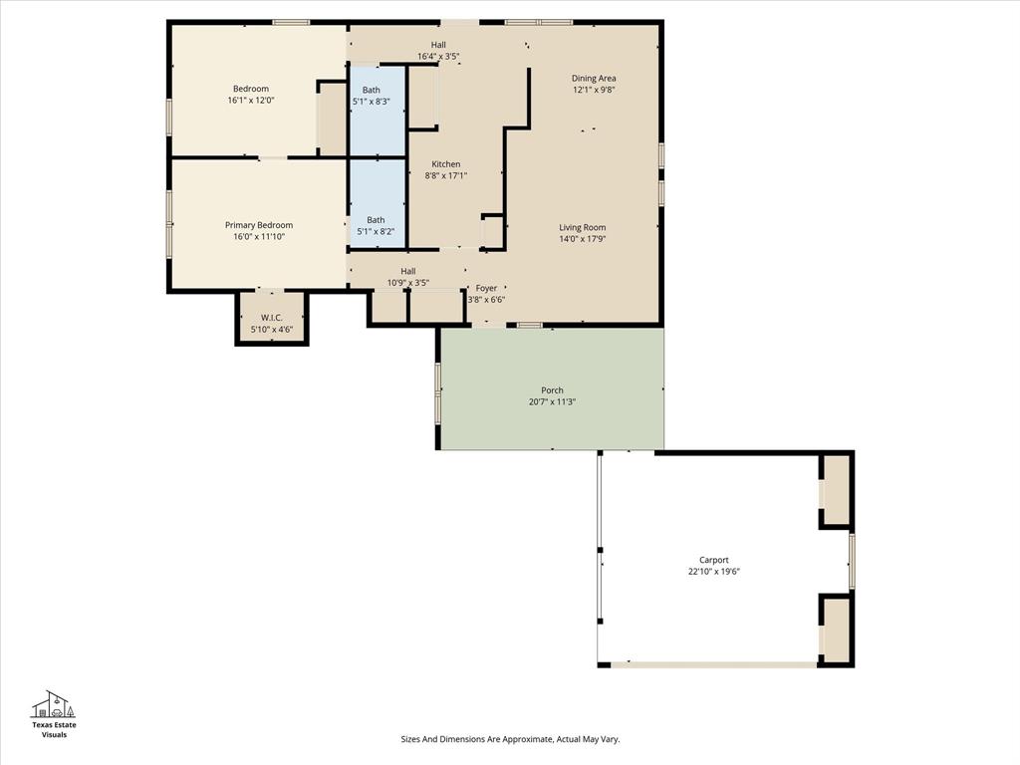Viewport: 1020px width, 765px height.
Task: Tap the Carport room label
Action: (x=714, y=560)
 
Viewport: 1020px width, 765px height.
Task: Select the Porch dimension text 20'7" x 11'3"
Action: (x=552, y=402)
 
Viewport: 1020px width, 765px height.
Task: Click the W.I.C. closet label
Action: (x=272, y=318)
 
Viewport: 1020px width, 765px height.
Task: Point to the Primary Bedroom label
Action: (x=259, y=225)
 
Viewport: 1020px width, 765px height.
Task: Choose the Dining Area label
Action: (x=594, y=78)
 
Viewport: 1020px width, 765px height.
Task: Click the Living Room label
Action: (x=582, y=227)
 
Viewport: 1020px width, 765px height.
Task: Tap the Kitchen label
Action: (x=445, y=164)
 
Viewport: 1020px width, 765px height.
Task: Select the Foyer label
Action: (x=486, y=288)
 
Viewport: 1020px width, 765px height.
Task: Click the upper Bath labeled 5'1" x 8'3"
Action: (x=371, y=96)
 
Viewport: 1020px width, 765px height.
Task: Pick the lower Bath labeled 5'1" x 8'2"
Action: (x=376, y=226)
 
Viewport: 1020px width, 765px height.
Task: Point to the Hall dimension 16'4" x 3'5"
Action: (x=438, y=57)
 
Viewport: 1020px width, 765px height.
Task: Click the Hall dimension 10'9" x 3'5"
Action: (x=408, y=283)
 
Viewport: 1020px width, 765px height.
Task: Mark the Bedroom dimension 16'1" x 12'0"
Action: (x=251, y=101)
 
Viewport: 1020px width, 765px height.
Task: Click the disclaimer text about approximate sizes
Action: (x=510, y=739)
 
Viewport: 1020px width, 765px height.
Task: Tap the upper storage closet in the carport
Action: (x=836, y=489)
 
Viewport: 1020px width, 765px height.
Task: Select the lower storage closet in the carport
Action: (x=836, y=630)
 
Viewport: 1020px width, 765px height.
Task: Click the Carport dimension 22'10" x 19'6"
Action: (x=714, y=572)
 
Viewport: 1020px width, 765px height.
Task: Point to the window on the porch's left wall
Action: (x=437, y=392)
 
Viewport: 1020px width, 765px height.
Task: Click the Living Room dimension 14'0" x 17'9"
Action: (x=582, y=239)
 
